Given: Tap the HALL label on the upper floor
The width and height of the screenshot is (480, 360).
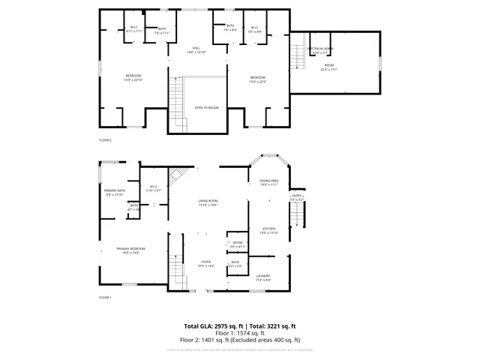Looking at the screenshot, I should click(x=196, y=47).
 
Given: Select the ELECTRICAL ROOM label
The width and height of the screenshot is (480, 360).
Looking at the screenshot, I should click(x=320, y=49).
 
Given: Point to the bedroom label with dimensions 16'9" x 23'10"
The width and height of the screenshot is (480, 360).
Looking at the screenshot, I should click(x=133, y=76).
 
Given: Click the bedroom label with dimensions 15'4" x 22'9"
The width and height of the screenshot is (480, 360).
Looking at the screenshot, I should click(x=257, y=78).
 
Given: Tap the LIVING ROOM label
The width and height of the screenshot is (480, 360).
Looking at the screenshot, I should click(x=208, y=201).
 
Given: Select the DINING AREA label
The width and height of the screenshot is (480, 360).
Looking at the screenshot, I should click(x=268, y=181).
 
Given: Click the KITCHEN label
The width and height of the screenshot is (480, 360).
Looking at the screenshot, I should click(x=268, y=229).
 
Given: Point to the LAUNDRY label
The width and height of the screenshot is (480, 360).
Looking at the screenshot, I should click(x=263, y=277).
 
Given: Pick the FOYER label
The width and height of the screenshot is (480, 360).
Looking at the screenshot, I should click(x=205, y=262).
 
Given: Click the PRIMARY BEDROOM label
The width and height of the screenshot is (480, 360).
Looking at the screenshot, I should click(x=130, y=249).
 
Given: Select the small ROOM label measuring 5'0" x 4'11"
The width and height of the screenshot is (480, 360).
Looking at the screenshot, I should click(x=237, y=243).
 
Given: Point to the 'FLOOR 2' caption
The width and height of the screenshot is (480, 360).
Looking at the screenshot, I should click(x=105, y=140).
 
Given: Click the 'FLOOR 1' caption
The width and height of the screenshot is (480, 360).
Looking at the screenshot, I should click(x=105, y=298).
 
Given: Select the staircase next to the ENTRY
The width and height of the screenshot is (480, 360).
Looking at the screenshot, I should click(x=298, y=218).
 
